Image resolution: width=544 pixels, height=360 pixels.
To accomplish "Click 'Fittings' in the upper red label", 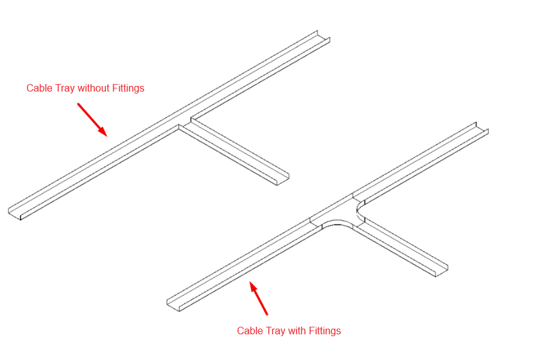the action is pyautogui.click(x=128, y=88).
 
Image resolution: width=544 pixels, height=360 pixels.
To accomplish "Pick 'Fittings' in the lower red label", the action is pyautogui.click(x=325, y=331).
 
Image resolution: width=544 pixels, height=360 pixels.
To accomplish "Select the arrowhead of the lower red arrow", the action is pyautogui.click(x=253, y=286).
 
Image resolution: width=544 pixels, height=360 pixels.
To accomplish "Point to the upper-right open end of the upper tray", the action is pyautogui.click(x=323, y=36).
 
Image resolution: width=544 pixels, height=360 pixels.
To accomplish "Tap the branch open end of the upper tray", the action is pyautogui.click(x=283, y=178).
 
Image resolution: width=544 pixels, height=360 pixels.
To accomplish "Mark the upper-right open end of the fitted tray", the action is pyautogui.click(x=482, y=128).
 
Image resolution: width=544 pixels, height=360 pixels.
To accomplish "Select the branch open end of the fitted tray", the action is pyautogui.click(x=442, y=270).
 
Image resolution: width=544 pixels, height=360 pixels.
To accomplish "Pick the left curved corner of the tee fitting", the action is pyautogui.click(x=337, y=222).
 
